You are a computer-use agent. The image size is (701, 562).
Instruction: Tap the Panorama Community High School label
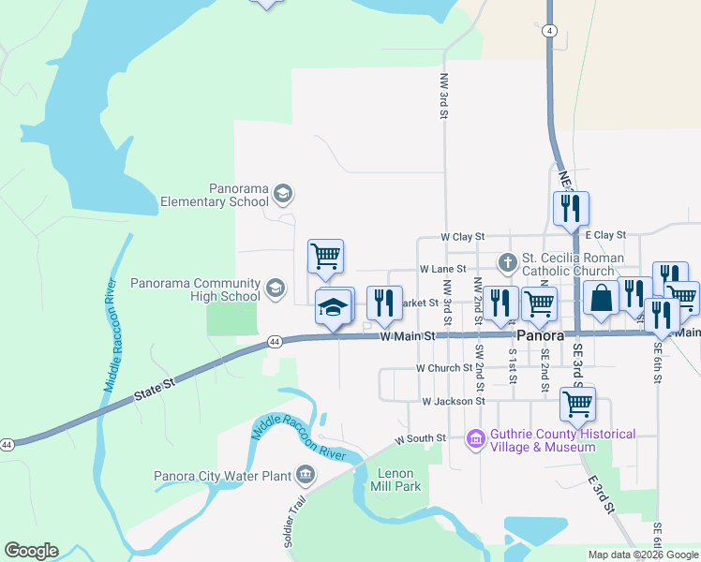[195, 289]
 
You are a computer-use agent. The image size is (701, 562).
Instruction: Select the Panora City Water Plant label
[224, 476]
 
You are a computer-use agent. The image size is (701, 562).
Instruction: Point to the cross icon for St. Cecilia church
[507, 262]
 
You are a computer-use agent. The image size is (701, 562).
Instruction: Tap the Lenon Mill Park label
[395, 480]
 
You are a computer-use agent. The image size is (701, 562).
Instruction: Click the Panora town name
[541, 335]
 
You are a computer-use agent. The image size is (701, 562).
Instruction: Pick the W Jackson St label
[453, 401]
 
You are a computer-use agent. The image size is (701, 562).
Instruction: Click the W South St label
[420, 438]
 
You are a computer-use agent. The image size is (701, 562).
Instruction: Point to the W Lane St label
[442, 269]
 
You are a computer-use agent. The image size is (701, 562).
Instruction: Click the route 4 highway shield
[549, 31]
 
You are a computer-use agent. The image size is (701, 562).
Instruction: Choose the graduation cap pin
[332, 306]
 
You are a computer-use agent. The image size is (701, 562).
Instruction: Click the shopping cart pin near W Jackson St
[577, 404]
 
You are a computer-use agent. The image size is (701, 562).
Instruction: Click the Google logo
[31, 551]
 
